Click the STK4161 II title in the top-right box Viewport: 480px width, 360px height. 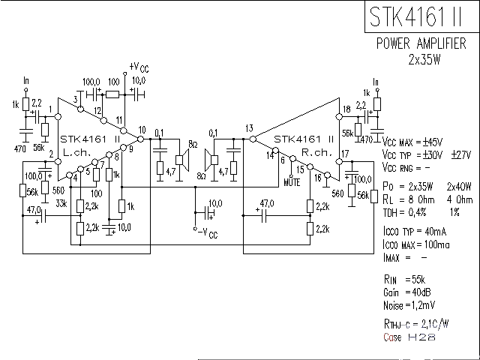click(x=419, y=17)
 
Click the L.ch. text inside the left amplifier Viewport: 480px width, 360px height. click(x=79, y=152)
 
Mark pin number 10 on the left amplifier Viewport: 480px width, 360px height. click(x=142, y=130)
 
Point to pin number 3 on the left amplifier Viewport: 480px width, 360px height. click(x=76, y=99)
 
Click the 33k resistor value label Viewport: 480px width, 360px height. click(x=62, y=202)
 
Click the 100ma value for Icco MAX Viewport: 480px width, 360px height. click(x=434, y=245)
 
